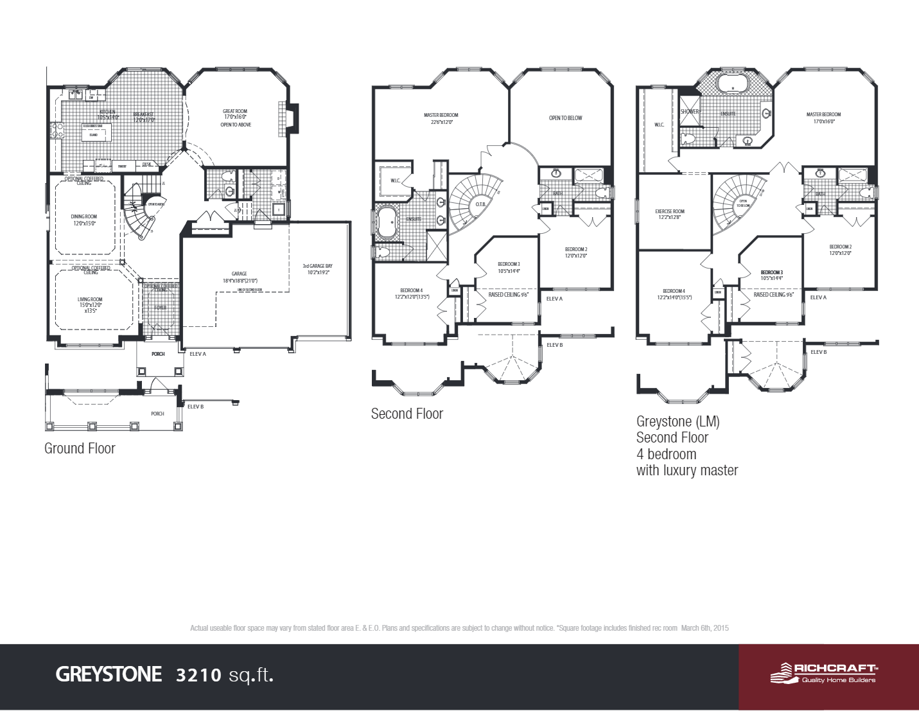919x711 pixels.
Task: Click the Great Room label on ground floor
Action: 235,112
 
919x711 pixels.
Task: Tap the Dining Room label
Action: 83,217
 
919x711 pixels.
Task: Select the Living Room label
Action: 90,300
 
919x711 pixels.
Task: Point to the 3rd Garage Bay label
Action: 317,266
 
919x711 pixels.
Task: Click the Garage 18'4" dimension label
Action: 240,281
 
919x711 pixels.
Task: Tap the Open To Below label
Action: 565,118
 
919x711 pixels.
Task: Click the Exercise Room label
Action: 669,211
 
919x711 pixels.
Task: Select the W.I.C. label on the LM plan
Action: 659,125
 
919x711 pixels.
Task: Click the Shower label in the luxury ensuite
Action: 689,112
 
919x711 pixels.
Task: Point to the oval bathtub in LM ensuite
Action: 732,83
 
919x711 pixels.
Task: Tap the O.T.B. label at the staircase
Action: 480,204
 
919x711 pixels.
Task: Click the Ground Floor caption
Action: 80,448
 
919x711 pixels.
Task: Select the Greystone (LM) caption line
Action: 678,421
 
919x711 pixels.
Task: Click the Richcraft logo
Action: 823,673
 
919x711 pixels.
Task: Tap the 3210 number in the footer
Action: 198,675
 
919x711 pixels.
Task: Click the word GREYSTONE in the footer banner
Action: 109,674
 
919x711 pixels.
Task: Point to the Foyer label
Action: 160,308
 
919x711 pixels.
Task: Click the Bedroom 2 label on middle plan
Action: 575,249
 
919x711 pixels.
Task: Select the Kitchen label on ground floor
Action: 107,112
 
